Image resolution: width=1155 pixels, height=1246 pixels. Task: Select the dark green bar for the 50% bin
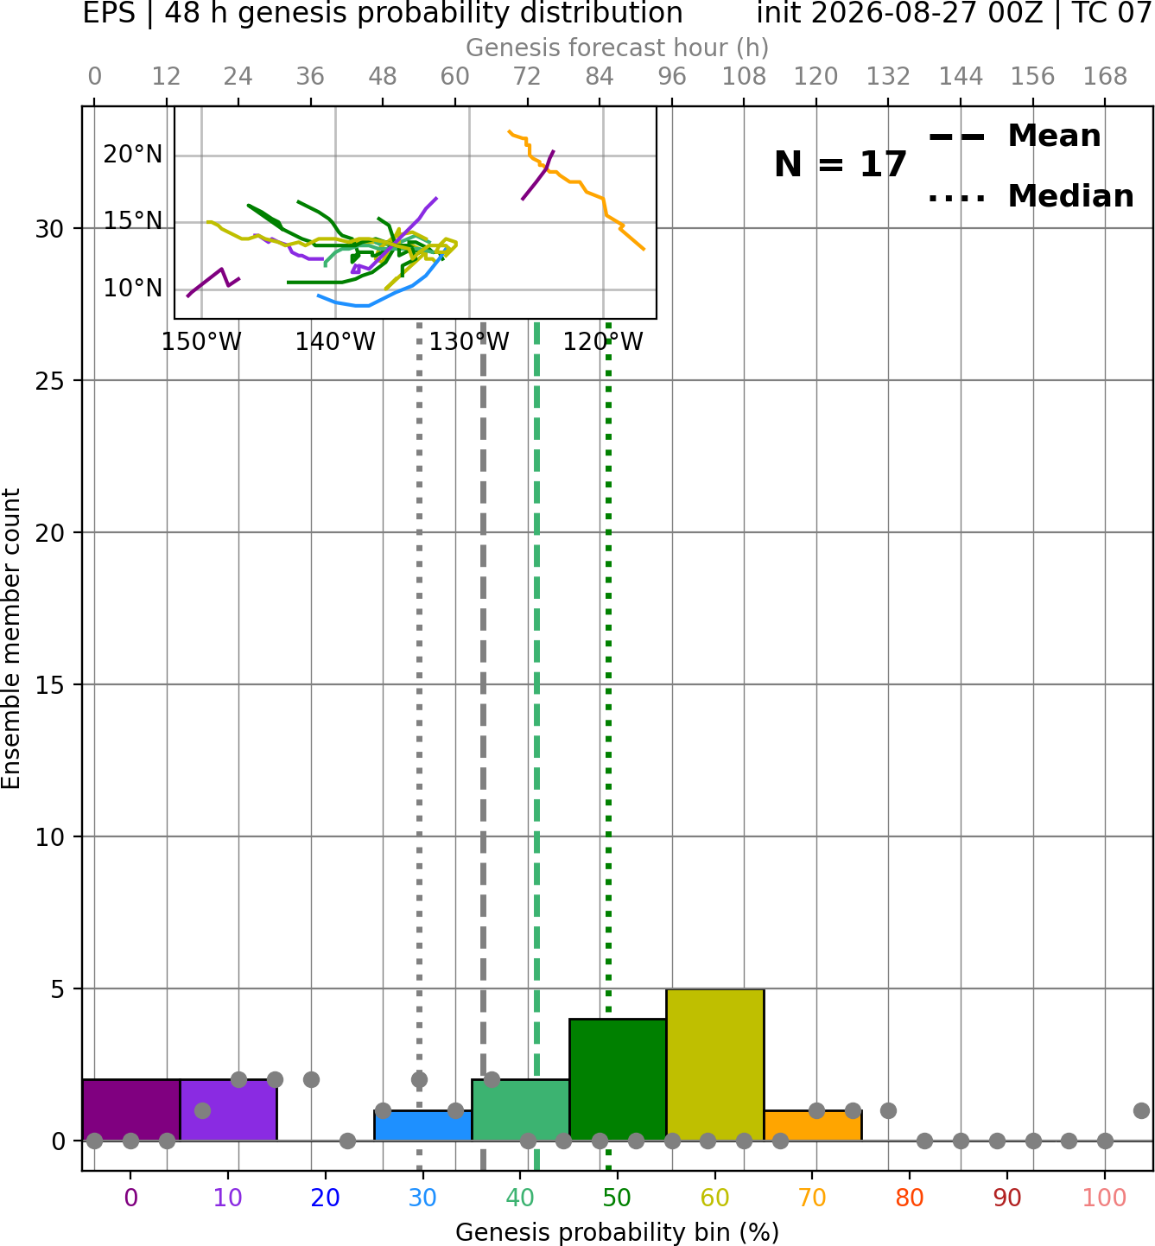pos(618,1079)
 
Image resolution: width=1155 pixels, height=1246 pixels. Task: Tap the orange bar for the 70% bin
pos(812,1125)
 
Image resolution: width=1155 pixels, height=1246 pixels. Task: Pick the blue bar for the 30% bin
pos(422,1125)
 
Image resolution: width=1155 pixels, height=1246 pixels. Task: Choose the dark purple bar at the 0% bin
pos(131,1109)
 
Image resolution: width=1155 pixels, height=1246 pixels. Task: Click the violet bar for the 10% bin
pos(228,1109)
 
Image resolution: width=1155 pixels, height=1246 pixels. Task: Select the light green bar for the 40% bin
pos(520,1109)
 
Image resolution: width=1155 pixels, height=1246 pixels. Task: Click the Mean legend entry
pos(1014,137)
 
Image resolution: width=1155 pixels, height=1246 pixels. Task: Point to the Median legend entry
pos(1031,196)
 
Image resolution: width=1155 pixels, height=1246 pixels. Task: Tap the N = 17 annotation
pos(840,164)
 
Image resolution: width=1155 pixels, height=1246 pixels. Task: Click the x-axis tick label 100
pos(1104,1198)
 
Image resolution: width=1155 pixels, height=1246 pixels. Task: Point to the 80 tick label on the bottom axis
pos(910,1198)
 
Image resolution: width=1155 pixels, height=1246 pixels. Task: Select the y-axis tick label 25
pos(50,381)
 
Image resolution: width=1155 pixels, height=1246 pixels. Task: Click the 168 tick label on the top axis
pos(1105,77)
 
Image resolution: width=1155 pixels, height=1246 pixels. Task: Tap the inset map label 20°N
pos(133,155)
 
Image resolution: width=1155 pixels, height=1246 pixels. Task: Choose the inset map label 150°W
pos(201,342)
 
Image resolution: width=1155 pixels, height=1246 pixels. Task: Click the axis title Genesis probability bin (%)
pos(618,1232)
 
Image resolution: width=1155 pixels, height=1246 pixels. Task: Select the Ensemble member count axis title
pos(10,639)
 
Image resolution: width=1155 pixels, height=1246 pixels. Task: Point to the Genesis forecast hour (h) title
pos(618,48)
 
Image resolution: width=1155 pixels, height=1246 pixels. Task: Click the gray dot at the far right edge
pos(1141,1110)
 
